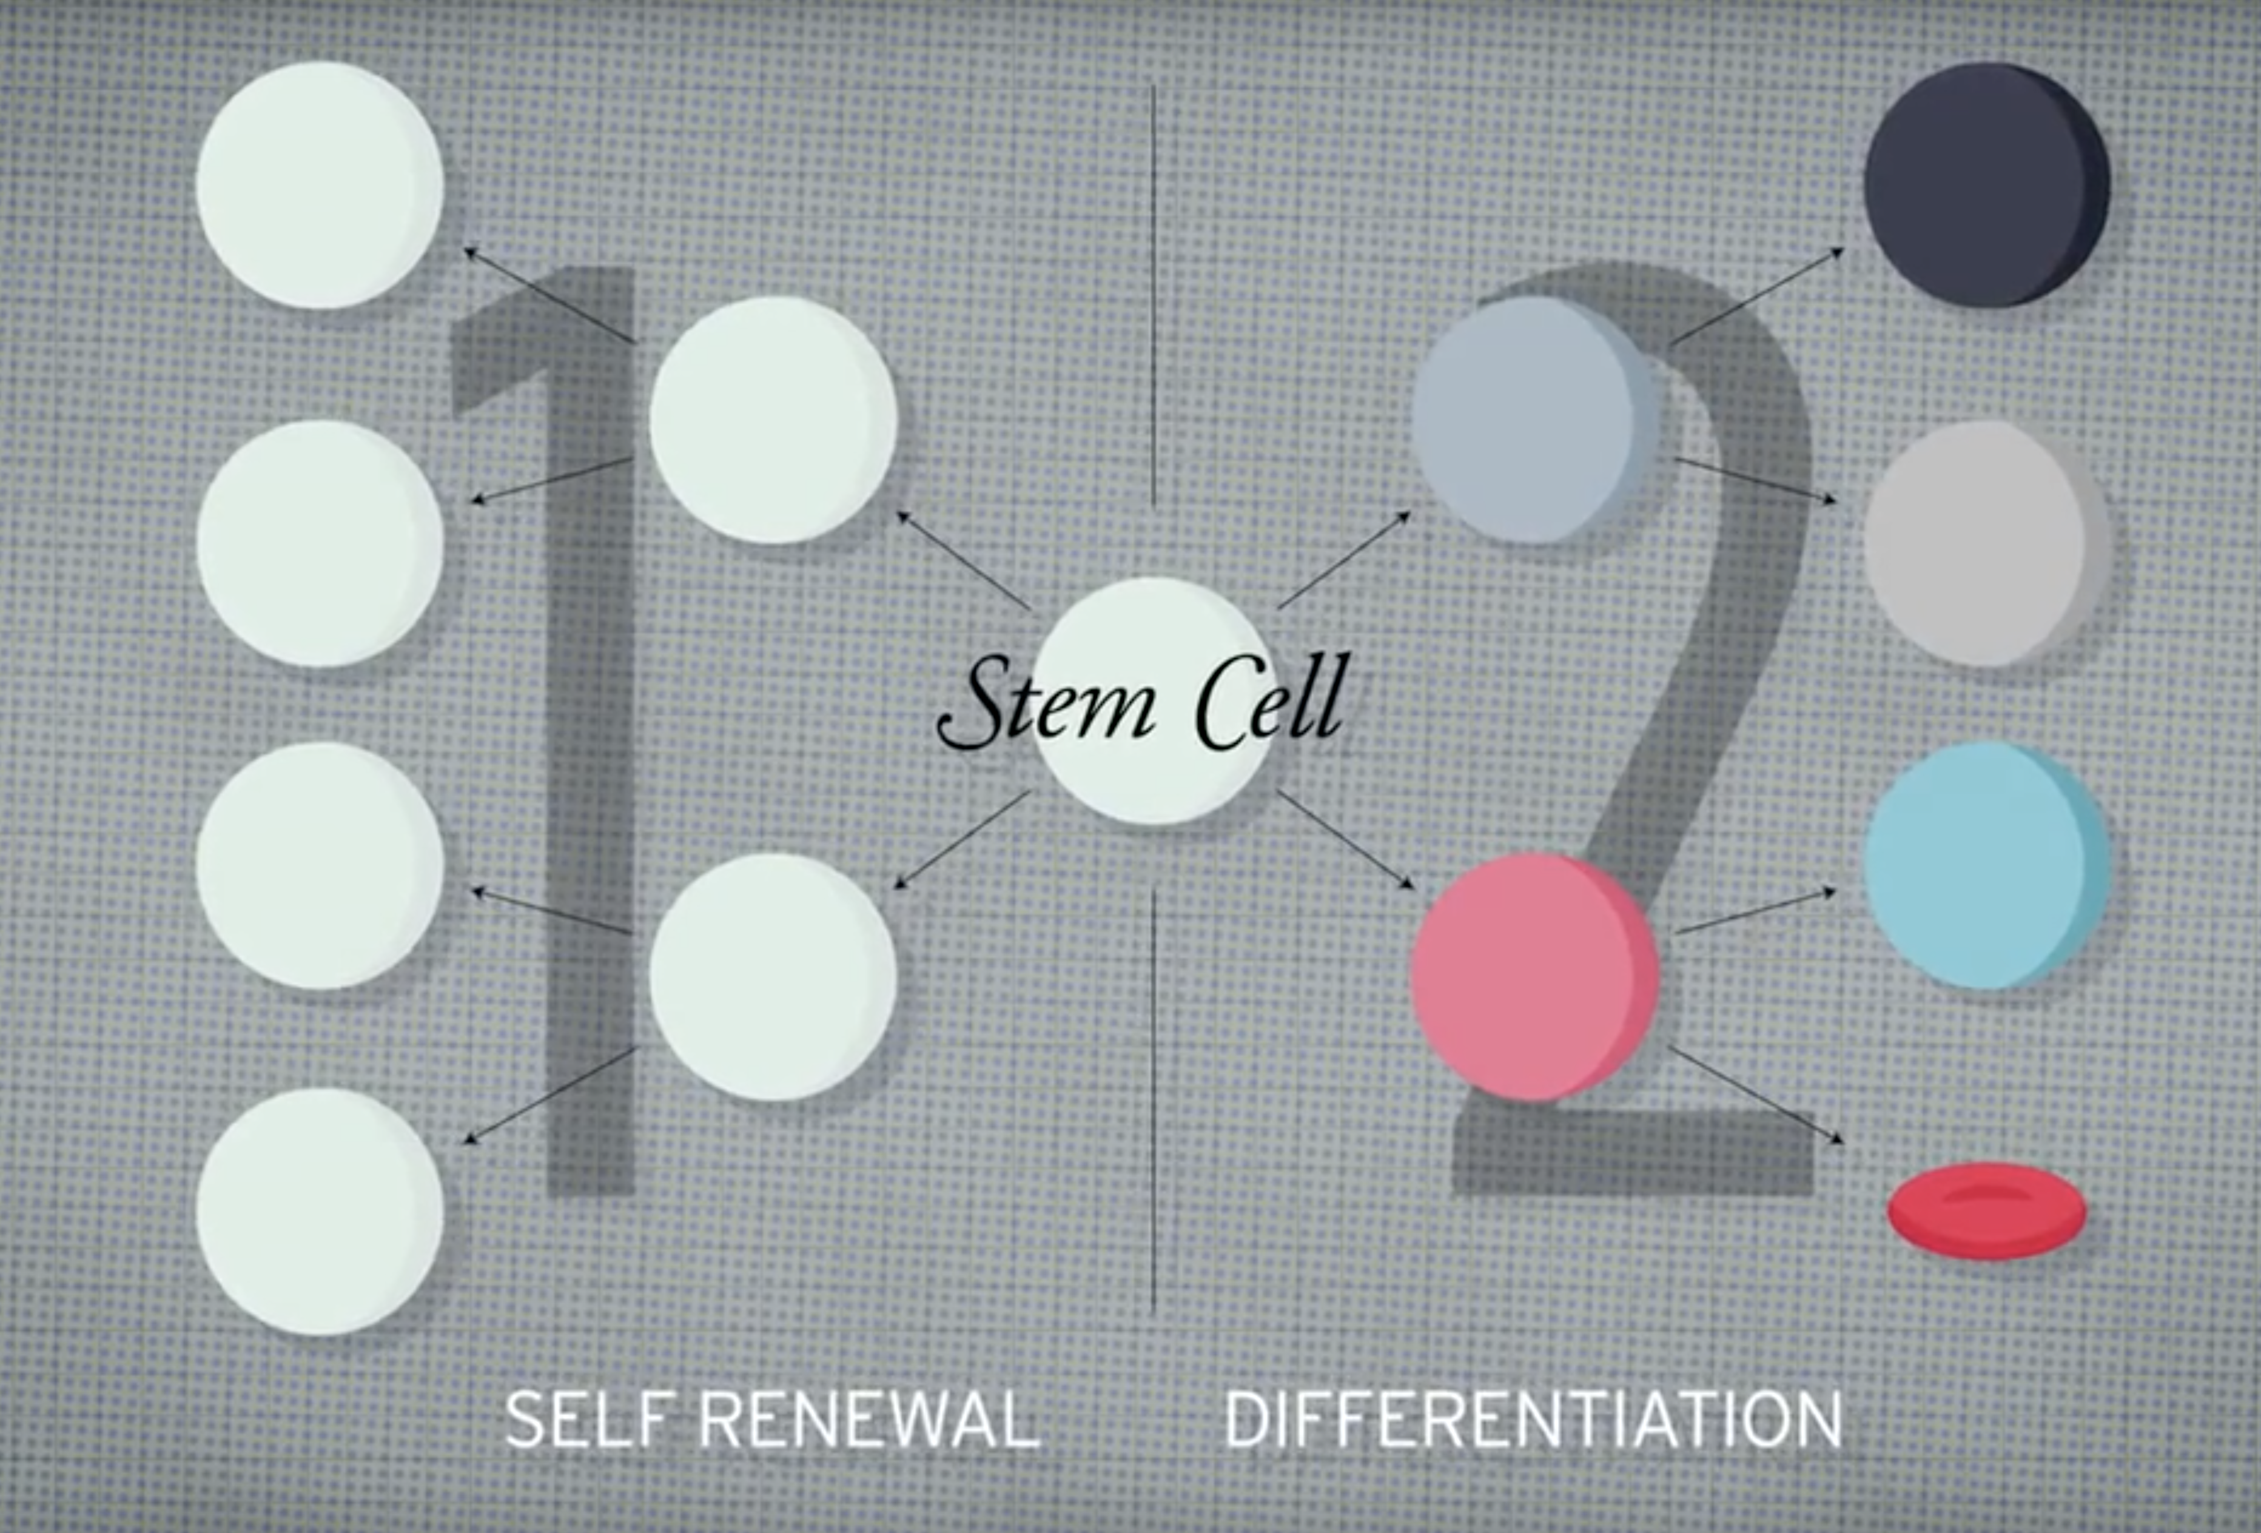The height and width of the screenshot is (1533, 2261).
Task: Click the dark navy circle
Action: tap(1984, 185)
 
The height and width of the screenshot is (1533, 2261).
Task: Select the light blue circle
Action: tap(1984, 866)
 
